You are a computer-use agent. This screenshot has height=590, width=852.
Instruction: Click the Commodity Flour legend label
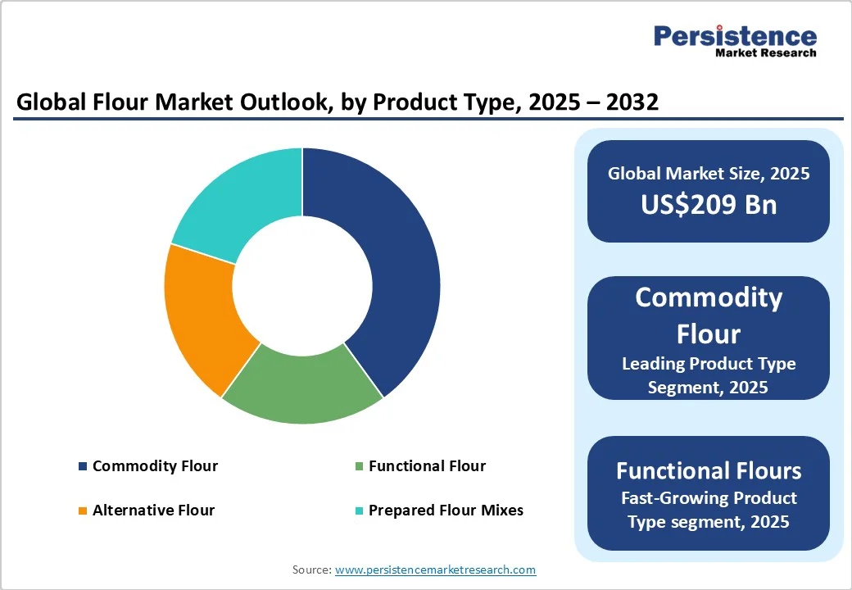(155, 466)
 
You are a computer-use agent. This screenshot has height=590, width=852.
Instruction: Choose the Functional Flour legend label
(427, 466)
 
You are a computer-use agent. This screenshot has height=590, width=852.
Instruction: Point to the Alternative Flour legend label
(153, 510)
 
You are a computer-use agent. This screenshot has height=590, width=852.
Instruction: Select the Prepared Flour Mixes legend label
(446, 510)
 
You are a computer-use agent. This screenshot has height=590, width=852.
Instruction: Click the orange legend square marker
(83, 511)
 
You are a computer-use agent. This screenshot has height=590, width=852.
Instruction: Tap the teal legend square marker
(359, 511)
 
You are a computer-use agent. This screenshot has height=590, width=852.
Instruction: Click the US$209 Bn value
(709, 204)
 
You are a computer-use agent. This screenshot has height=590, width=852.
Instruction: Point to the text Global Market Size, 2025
(709, 173)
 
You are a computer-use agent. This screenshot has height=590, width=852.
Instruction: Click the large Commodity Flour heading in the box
(709, 315)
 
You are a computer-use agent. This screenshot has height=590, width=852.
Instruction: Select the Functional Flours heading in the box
(709, 470)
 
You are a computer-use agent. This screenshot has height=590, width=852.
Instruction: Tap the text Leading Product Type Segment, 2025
(709, 374)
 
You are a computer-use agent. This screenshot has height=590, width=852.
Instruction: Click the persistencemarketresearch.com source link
(435, 569)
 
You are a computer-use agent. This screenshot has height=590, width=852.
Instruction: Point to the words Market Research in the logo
(765, 53)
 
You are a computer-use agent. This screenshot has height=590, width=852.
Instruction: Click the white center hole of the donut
(302, 285)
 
